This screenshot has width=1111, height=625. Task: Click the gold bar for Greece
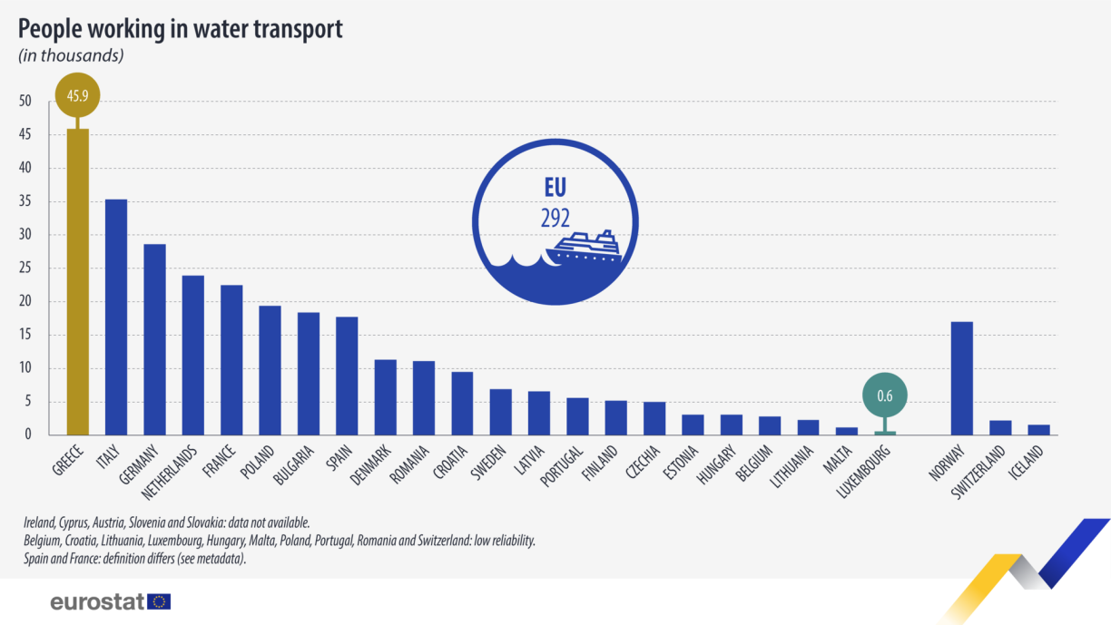click(77, 281)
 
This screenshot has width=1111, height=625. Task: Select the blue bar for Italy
click(116, 317)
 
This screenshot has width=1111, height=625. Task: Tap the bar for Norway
click(962, 377)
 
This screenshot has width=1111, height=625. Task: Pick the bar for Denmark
click(386, 397)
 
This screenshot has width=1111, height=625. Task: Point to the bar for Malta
click(847, 431)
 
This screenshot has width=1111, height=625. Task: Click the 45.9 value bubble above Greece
click(77, 94)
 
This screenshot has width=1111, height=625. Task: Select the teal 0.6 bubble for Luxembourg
click(885, 395)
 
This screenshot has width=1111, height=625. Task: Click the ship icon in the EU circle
click(585, 246)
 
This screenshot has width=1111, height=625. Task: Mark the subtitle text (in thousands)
click(71, 55)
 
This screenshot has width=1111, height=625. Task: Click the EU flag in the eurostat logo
click(159, 601)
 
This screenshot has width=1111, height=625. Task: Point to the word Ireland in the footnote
click(43, 523)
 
